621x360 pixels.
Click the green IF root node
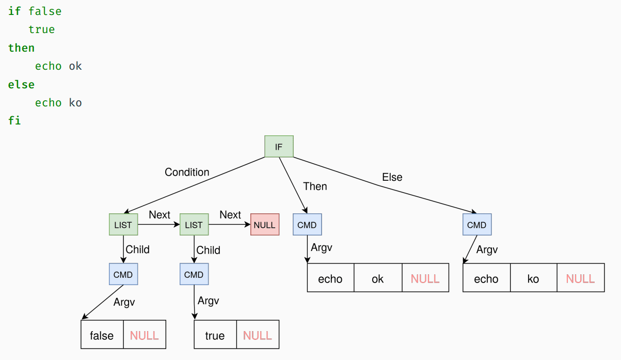pos(279,147)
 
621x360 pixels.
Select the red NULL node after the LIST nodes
pos(265,224)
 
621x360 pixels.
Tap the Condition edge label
pos(187,172)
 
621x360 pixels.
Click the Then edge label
pos(315,186)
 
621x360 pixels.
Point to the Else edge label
pos(392,177)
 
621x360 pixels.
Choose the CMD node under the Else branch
pos(477,224)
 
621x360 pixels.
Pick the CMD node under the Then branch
pos(307,224)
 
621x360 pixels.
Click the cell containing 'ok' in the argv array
pos(378,278)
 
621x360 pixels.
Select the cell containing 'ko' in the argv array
pos(533,278)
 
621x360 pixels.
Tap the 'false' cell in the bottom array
pos(102,335)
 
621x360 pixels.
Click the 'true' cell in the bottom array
pos(215,335)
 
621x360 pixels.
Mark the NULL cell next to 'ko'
pos(581,278)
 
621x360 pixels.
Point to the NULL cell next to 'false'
pos(145,335)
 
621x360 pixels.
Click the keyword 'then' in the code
pos(21,48)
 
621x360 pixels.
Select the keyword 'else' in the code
pos(21,84)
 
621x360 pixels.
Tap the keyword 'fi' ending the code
pos(14,121)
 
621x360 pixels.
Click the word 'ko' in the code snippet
pos(75,103)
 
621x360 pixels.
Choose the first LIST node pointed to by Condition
pos(123,224)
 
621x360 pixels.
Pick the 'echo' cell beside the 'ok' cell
pos(330,278)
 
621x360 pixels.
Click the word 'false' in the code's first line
pos(45,11)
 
